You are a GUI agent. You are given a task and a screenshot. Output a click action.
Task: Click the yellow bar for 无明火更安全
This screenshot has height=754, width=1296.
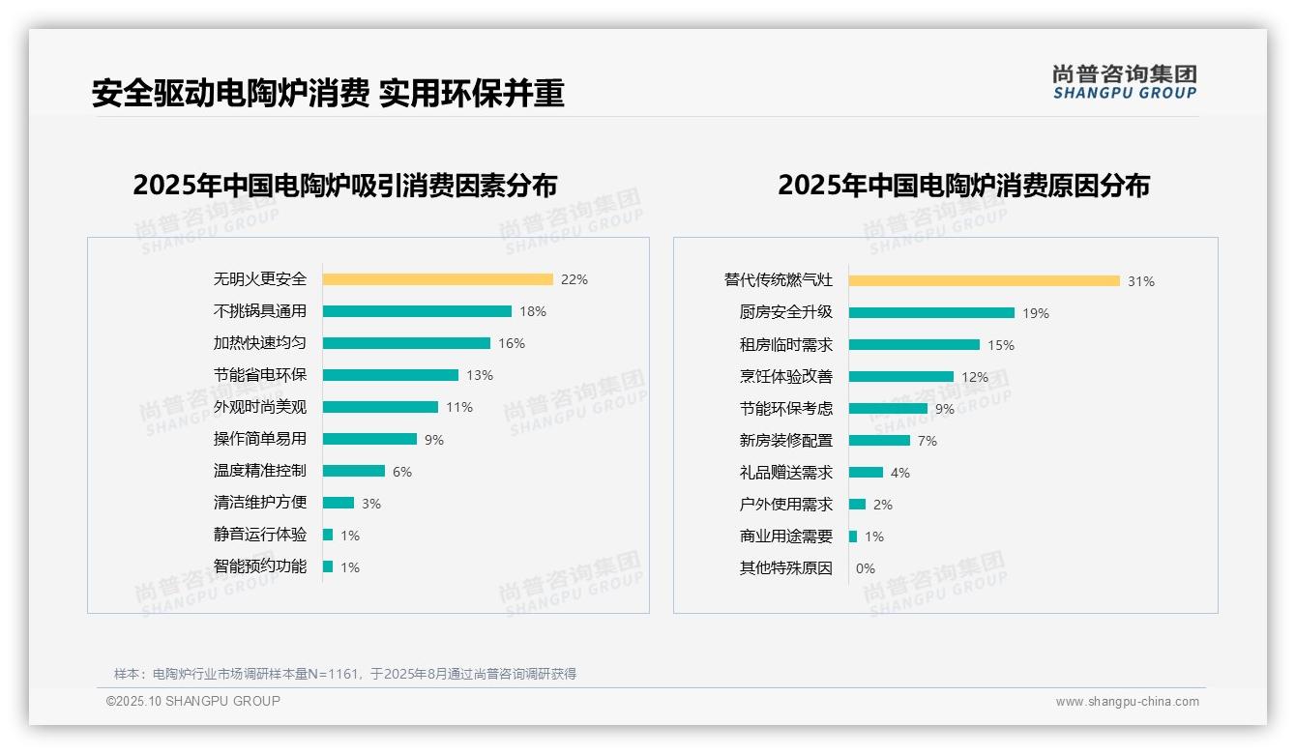(437, 279)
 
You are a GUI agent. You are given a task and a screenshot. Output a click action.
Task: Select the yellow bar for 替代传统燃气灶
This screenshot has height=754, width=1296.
(984, 281)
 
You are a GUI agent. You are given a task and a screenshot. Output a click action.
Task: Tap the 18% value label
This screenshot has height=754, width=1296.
(533, 311)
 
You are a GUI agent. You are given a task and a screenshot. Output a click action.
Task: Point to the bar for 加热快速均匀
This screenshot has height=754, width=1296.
(406, 343)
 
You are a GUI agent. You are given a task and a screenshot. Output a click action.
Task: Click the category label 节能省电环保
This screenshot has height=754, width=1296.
(260, 375)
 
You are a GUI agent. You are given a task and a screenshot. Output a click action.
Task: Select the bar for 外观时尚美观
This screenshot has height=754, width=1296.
(380, 407)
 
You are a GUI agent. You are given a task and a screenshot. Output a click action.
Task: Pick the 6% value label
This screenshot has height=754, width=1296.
(402, 472)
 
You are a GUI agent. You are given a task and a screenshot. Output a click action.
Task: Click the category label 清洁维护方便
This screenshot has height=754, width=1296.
(260, 503)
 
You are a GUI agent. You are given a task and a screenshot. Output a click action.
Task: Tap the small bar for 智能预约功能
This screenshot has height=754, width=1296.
(328, 566)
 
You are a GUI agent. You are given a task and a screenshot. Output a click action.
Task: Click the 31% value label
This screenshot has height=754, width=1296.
(1141, 281)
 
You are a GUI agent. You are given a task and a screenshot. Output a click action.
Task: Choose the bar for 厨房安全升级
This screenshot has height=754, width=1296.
(931, 313)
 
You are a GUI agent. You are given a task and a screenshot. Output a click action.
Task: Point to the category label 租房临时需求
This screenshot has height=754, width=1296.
(785, 345)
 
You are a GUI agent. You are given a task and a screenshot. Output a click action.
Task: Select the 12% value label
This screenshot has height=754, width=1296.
(975, 377)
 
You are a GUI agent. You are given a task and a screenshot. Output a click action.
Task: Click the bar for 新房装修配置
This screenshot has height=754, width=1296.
(879, 441)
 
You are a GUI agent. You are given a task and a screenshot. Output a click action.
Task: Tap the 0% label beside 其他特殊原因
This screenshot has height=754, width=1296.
(865, 568)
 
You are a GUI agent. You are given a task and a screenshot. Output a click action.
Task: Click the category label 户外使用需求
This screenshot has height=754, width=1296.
(785, 505)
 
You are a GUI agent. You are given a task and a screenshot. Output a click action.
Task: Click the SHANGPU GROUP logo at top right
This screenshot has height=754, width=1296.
(1125, 82)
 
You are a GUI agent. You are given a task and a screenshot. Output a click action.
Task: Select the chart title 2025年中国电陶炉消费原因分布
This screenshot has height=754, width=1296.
(963, 185)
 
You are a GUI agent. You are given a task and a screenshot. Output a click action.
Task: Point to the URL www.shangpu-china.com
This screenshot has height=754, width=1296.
(1127, 702)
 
